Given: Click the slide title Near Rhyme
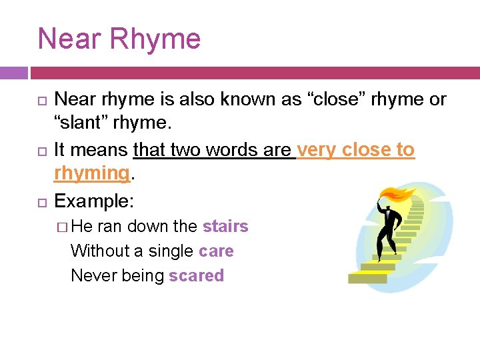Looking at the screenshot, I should coord(119,39).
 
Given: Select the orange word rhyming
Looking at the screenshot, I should coord(91,174).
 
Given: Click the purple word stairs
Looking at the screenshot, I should coord(225,227).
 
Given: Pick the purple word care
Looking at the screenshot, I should coord(216,251).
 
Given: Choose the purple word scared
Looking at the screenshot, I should coord(196,276).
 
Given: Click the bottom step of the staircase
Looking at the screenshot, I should coord(366,278).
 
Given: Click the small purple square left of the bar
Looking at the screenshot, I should coord(13,73).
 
